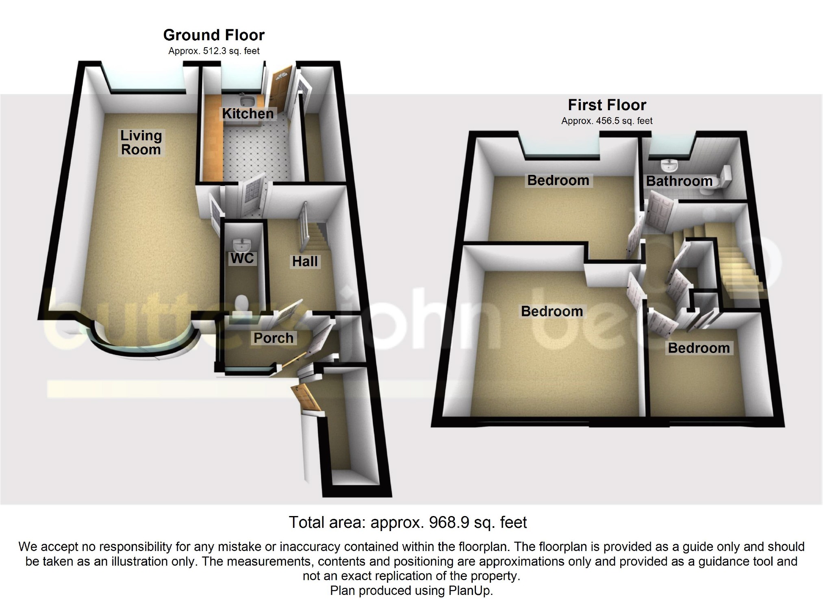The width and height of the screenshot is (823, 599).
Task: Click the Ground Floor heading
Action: coord(214,35)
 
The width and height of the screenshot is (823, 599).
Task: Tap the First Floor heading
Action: coord(607,105)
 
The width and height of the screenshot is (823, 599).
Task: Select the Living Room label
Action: coord(141,142)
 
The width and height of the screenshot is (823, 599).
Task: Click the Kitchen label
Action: coord(248,114)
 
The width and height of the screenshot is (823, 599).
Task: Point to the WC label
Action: coord(242,258)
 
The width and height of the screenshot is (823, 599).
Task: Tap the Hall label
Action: coord(305,261)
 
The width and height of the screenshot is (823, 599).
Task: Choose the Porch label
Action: coord(273,338)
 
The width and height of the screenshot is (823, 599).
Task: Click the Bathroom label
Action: coord(679,181)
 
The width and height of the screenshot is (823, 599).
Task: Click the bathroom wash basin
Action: coord(669,166)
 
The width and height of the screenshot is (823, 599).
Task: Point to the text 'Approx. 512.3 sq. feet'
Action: coord(214,51)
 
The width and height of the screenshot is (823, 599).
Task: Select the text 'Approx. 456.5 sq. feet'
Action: coord(607,121)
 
